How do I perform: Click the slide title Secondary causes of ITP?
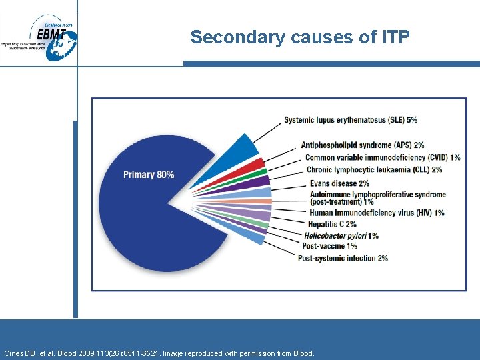pyautogui.click(x=299, y=37)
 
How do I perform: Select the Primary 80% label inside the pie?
pyautogui.click(x=149, y=175)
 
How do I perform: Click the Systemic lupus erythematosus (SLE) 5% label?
pyautogui.click(x=350, y=120)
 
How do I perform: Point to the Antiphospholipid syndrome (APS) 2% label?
pyautogui.click(x=362, y=145)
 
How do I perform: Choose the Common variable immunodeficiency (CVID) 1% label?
pyautogui.click(x=383, y=158)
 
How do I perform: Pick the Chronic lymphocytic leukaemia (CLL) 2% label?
pyautogui.click(x=374, y=170)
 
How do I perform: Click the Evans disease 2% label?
pyautogui.click(x=338, y=183)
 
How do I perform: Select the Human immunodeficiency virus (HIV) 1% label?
pyautogui.click(x=376, y=213)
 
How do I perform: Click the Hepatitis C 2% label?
pyautogui.click(x=332, y=224)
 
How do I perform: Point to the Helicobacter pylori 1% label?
pyautogui.click(x=341, y=235)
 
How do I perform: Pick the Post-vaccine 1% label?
pyautogui.click(x=329, y=246)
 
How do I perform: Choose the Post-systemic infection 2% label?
pyautogui.click(x=343, y=258)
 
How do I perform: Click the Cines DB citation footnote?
pyautogui.click(x=158, y=353)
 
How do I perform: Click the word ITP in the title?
pyautogui.click(x=396, y=37)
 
